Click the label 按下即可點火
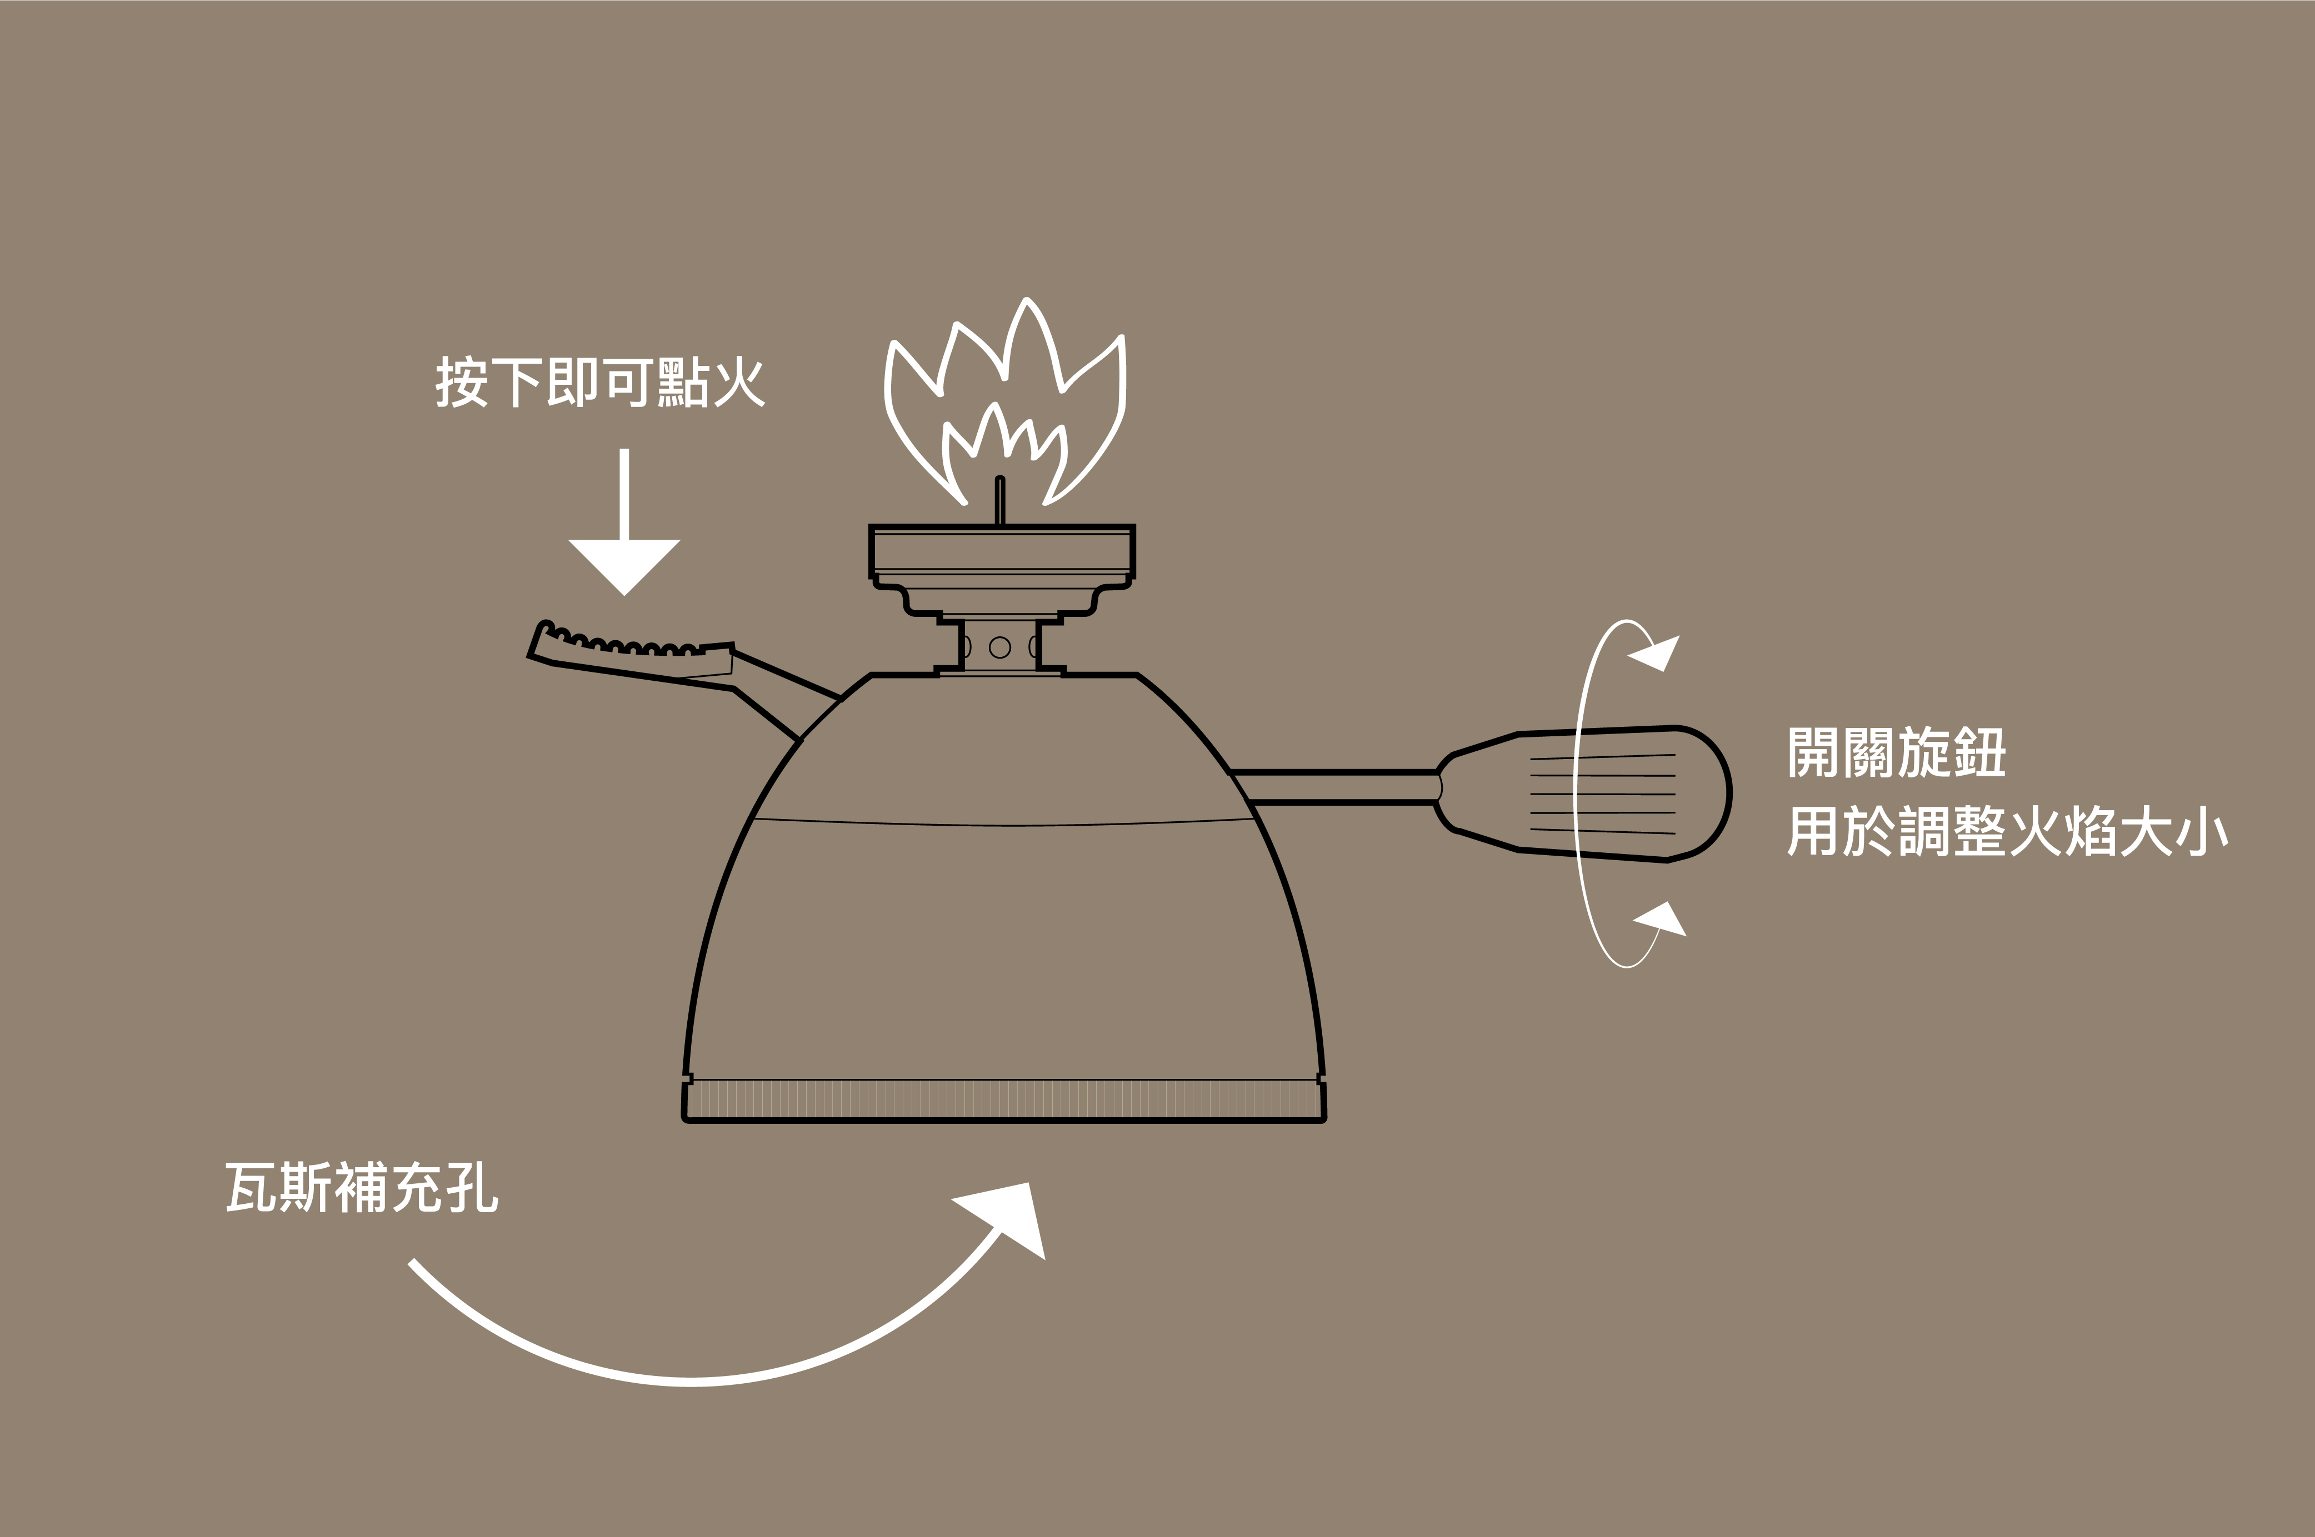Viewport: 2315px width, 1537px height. pyautogui.click(x=600, y=382)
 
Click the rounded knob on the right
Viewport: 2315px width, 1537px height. pyautogui.click(x=1618, y=794)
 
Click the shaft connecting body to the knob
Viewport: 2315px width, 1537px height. pyautogui.click(x=1338, y=787)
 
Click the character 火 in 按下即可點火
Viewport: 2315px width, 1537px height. pyautogui.click(x=739, y=382)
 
